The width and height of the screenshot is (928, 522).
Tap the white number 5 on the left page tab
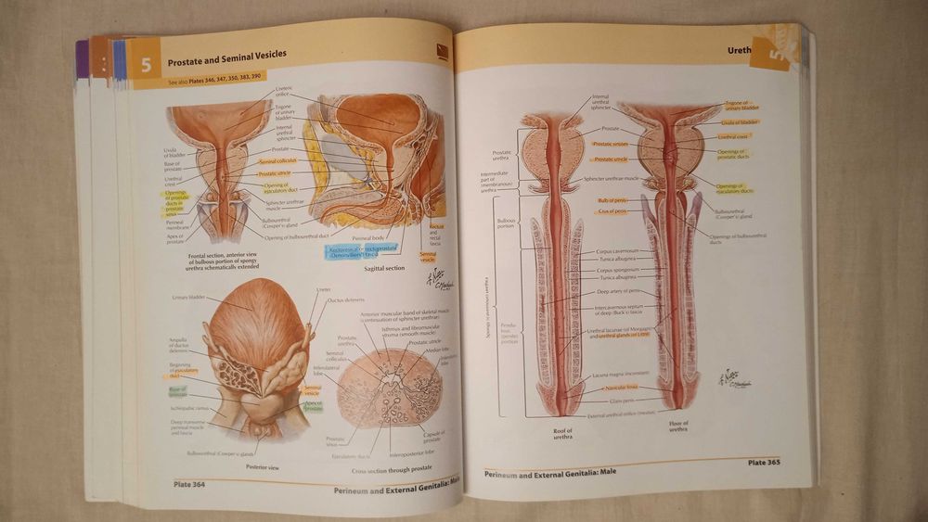(x=145, y=66)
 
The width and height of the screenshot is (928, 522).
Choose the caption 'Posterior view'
(x=251, y=467)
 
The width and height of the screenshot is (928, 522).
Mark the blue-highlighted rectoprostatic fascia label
(x=361, y=251)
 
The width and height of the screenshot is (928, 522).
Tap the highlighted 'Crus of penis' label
(x=612, y=211)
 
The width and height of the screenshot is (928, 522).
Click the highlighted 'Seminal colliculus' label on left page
(x=277, y=160)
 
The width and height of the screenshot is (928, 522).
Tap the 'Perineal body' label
(x=368, y=237)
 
